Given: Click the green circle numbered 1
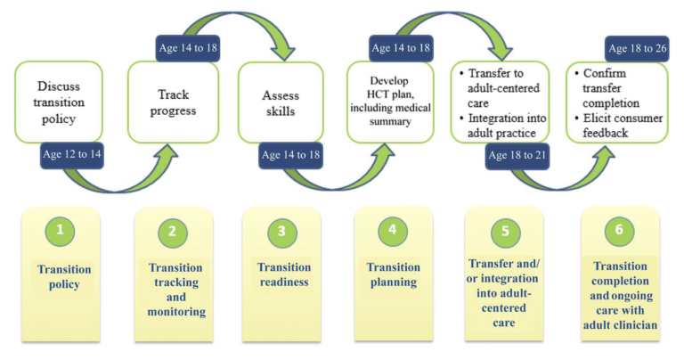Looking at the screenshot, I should pyautogui.click(x=60, y=231).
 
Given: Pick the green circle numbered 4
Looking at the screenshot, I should pyautogui.click(x=392, y=231).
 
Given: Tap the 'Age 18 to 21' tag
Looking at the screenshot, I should pyautogui.click(x=522, y=154).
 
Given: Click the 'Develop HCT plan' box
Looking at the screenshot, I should pyautogui.click(x=392, y=103).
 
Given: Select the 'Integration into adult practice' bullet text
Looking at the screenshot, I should pyautogui.click(x=504, y=125).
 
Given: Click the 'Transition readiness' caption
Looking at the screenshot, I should pyautogui.click(x=283, y=274).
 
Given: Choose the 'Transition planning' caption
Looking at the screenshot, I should pyautogui.click(x=393, y=275).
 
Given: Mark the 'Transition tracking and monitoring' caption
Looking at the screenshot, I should pyautogui.click(x=175, y=290).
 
